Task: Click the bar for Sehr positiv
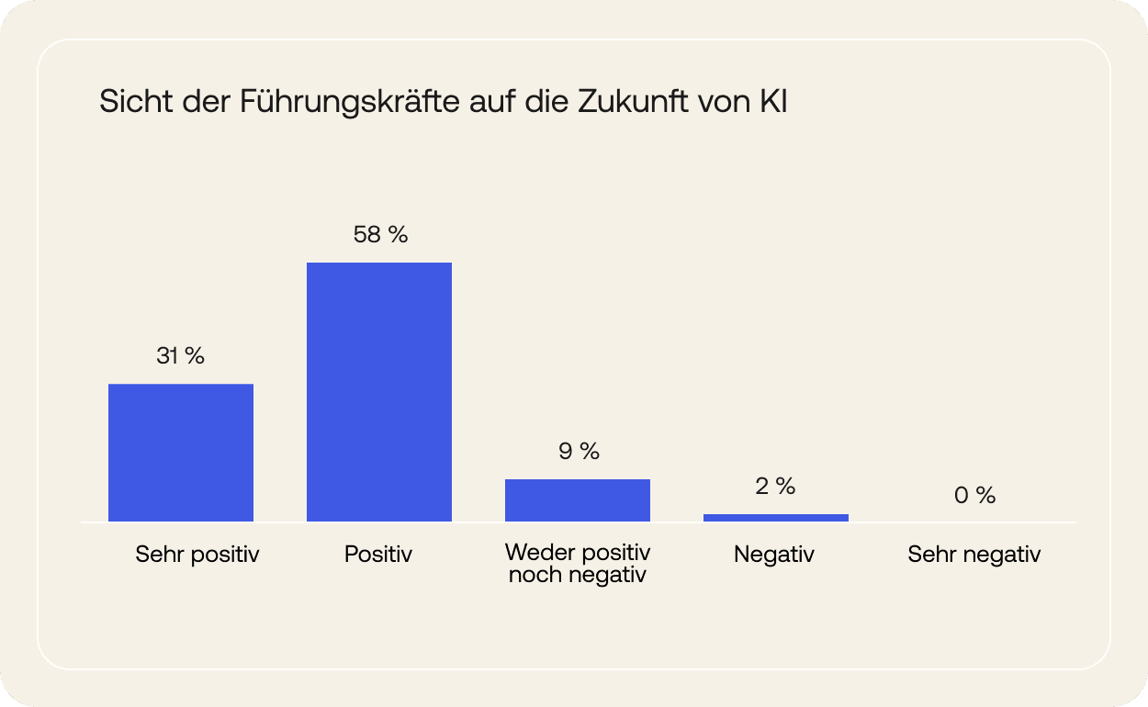point(181,453)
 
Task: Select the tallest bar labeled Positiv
point(379,392)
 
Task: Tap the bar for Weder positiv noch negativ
point(578,500)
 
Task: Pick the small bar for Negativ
point(776,518)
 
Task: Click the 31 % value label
point(180,356)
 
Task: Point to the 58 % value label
point(380,235)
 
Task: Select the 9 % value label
point(579,451)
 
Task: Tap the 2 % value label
point(775,487)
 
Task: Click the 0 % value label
point(974,496)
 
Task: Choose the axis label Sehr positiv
point(197,555)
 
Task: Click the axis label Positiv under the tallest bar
point(378,555)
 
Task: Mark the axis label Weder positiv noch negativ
point(578,565)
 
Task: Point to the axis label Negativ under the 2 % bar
point(774,555)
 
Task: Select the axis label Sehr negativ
point(974,555)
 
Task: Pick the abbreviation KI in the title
point(774,102)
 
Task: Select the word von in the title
point(726,102)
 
